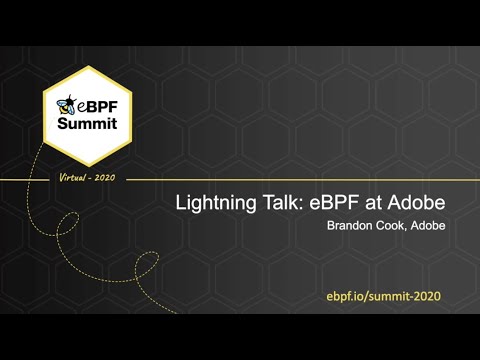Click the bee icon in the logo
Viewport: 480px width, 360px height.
(x=68, y=104)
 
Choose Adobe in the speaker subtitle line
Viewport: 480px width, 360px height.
(x=426, y=226)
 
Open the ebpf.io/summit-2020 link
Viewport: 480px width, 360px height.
(x=384, y=297)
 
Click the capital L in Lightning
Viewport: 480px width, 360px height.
(x=181, y=203)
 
